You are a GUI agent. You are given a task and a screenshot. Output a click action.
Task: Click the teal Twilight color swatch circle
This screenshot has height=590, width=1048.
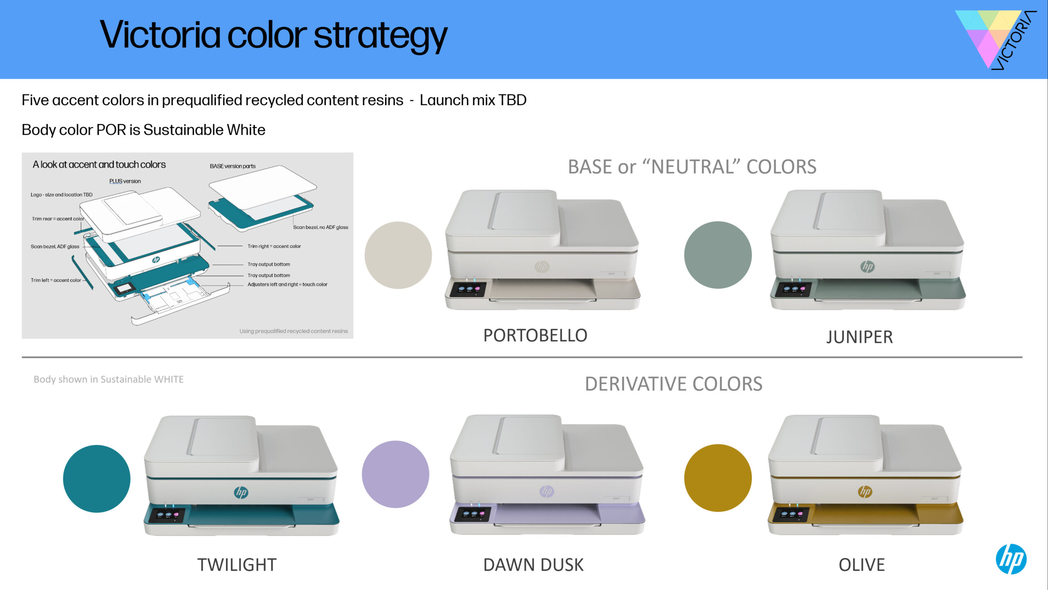[x=97, y=479]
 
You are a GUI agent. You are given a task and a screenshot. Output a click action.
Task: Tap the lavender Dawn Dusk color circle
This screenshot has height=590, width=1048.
[x=395, y=474]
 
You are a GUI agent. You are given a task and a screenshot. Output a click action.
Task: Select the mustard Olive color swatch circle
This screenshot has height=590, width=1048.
[x=718, y=478]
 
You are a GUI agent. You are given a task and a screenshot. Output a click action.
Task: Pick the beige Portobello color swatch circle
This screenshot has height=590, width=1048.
[x=398, y=255]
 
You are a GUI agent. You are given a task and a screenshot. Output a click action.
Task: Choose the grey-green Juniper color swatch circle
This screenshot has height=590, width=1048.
[x=718, y=255]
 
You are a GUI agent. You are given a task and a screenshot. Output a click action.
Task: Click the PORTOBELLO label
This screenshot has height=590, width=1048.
[x=535, y=335]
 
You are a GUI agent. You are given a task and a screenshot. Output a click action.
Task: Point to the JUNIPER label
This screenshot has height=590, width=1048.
[x=859, y=337]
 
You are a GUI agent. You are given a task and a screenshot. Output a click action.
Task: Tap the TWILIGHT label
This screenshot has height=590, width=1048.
[x=237, y=565]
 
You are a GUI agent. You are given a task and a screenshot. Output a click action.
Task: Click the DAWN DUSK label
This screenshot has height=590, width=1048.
[x=533, y=565]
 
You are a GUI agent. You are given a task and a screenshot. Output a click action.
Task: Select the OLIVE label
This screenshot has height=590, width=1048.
[x=862, y=565]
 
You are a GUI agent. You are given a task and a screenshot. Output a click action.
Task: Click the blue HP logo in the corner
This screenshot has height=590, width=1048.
[x=1011, y=559]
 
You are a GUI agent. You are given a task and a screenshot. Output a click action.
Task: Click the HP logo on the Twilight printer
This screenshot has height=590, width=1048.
[x=241, y=492]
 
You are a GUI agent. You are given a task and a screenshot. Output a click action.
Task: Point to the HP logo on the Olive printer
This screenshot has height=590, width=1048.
[x=865, y=491]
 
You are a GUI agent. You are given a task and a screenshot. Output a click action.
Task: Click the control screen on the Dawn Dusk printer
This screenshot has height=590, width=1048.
[x=473, y=514]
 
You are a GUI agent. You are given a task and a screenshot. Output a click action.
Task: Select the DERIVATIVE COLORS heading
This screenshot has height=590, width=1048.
[x=673, y=384]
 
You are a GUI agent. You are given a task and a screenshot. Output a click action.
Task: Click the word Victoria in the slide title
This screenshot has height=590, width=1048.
[x=160, y=34]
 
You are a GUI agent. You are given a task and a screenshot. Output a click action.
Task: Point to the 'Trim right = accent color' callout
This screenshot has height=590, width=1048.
[x=274, y=246]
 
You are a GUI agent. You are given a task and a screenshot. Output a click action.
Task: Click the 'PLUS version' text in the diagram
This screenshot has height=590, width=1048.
[x=125, y=181]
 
